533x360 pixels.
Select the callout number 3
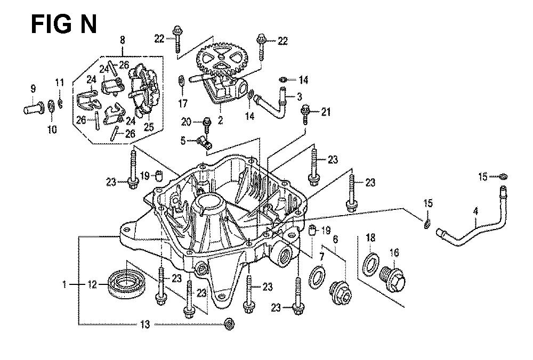pos(300,96)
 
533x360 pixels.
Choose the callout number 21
pos(325,111)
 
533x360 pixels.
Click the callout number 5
pos(182,141)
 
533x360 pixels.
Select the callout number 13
pos(146,324)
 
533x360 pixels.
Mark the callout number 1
pos(64,285)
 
